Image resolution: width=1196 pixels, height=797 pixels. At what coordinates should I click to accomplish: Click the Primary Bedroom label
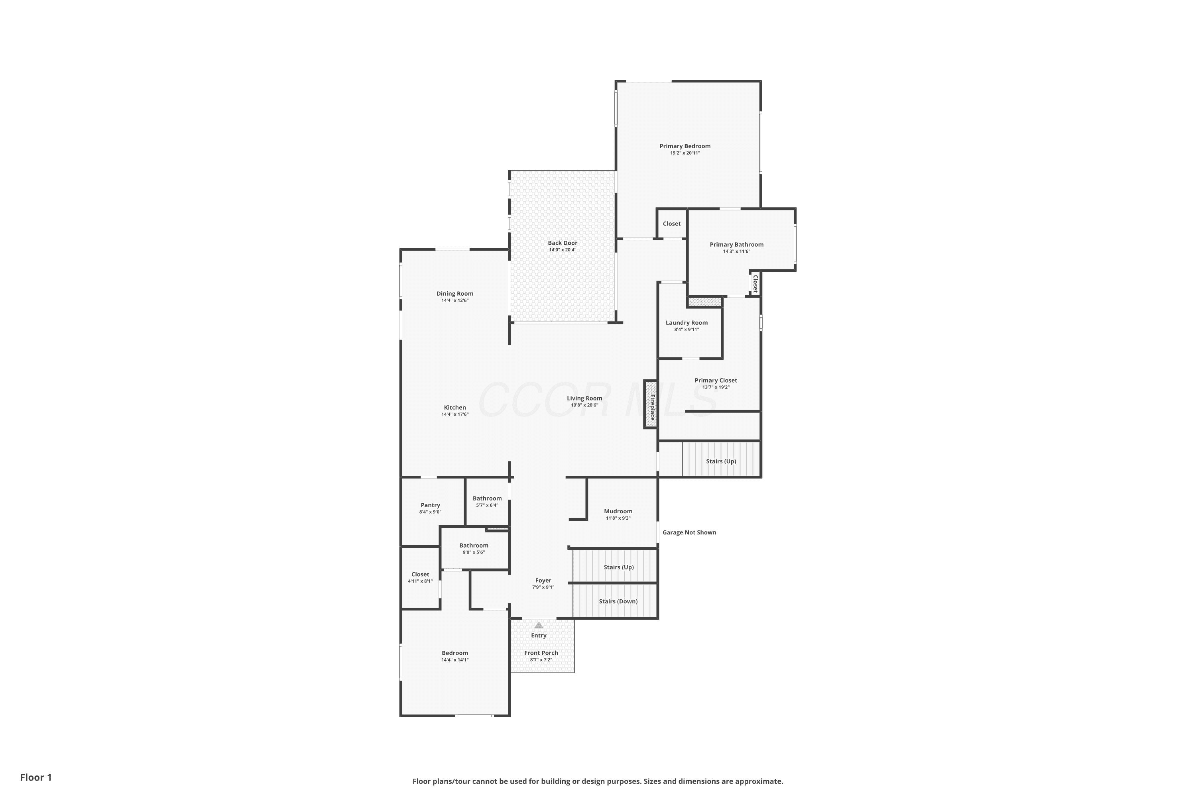click(685, 146)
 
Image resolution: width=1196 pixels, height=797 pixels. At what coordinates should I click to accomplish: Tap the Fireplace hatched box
click(650, 404)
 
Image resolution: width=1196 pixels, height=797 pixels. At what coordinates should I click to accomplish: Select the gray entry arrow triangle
click(539, 625)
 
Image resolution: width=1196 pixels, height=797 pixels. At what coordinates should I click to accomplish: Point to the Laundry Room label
click(687, 323)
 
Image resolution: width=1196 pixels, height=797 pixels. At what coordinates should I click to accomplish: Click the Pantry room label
click(430, 505)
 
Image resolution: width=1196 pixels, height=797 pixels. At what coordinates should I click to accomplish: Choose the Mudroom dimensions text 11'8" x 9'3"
click(618, 518)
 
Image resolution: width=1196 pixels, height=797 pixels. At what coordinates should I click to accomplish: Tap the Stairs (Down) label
click(618, 601)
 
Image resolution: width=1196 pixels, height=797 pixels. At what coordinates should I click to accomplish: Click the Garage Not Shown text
click(689, 532)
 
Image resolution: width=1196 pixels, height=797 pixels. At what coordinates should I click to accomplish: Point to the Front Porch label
click(541, 653)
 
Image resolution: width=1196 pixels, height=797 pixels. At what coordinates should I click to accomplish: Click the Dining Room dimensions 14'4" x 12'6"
click(454, 300)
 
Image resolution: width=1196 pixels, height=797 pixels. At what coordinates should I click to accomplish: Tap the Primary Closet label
click(716, 380)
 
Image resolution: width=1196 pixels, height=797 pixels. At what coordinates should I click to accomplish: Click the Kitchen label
click(454, 408)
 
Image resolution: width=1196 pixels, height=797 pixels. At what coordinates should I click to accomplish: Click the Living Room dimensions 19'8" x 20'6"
click(584, 405)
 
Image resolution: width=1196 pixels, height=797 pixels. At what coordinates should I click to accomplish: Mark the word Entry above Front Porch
click(539, 635)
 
